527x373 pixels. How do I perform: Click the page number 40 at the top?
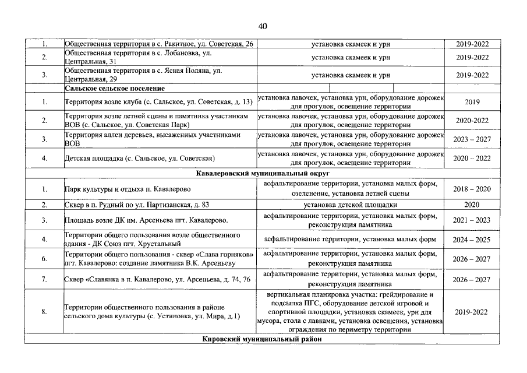(263, 26)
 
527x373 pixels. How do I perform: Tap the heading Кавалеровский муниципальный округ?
(263, 174)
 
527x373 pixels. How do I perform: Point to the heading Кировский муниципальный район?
(263, 339)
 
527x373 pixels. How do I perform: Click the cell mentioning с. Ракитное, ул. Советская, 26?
(159, 44)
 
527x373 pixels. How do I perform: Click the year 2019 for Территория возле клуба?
(472, 102)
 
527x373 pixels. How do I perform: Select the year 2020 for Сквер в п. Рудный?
(472, 205)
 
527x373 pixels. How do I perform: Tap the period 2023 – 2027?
(472, 139)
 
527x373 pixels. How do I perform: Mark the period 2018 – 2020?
(472, 189)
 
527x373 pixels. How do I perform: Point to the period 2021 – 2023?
(472, 220)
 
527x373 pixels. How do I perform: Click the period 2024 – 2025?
(472, 239)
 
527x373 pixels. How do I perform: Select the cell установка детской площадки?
(351, 205)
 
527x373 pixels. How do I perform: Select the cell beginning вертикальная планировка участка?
(351, 312)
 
